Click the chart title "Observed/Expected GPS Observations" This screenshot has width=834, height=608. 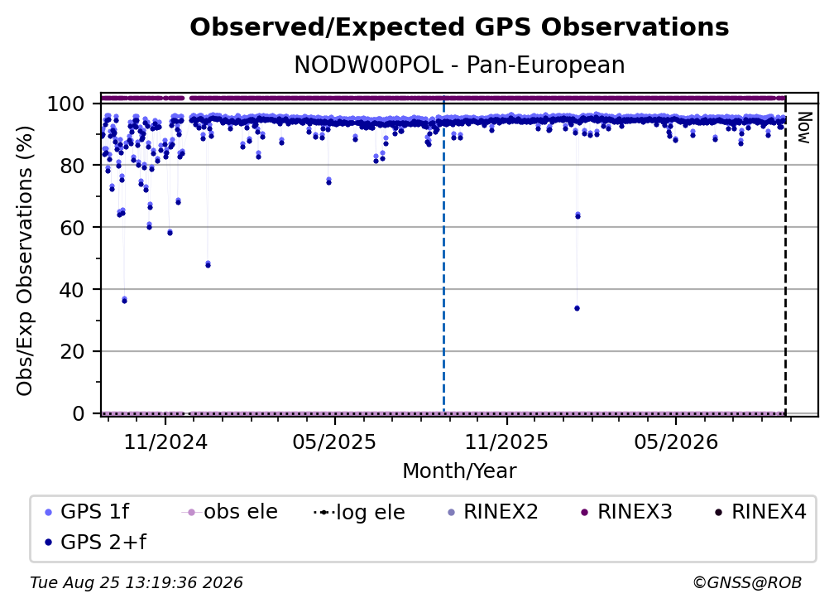(459, 27)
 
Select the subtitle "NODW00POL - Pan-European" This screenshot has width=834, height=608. (459, 65)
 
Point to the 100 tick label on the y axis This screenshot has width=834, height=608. (66, 104)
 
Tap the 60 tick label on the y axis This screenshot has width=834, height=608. (72, 227)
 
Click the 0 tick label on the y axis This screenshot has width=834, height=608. (79, 413)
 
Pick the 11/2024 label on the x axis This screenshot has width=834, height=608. (165, 442)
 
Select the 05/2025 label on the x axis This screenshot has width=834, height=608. (334, 442)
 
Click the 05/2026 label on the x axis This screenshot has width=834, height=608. (676, 442)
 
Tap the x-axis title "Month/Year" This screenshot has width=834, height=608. (459, 471)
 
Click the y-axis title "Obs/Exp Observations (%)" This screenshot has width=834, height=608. (25, 260)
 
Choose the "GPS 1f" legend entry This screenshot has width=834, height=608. (87, 512)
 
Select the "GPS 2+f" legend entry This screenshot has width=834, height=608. (95, 543)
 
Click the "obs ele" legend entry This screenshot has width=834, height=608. (229, 512)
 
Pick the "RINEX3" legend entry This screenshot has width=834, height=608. (626, 512)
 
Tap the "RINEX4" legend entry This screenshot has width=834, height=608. (760, 512)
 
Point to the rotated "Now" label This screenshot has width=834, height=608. (803, 128)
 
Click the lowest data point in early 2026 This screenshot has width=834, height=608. (578, 308)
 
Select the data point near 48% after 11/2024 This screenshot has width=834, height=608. (208, 264)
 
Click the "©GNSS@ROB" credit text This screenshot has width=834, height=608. (747, 583)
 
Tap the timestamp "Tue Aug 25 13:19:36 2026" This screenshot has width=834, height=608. (137, 583)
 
